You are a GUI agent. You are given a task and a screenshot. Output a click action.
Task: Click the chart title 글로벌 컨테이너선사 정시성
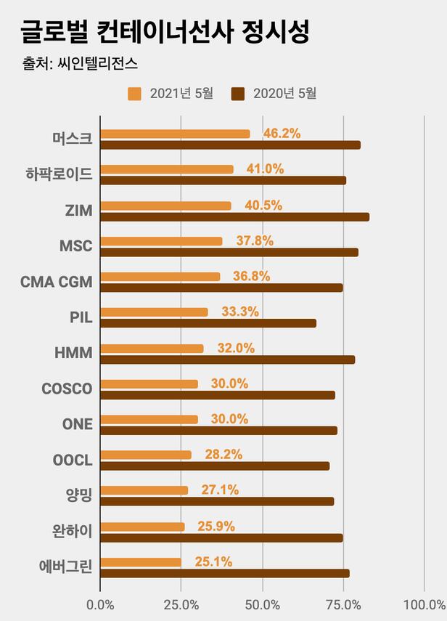tap(165, 32)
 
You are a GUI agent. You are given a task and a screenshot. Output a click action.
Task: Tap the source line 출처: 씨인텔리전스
tap(80, 65)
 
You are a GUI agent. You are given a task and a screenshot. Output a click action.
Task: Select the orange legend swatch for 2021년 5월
tap(134, 93)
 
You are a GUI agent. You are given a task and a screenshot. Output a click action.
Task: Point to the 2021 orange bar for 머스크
tap(175, 134)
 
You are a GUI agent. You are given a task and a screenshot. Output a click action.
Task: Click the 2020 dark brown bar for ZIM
tap(234, 216)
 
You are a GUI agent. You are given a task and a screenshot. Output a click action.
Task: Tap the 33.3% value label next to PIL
tap(239, 312)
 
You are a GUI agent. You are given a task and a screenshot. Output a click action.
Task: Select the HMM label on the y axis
tap(73, 353)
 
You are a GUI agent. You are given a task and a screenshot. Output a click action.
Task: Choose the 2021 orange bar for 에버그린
tap(141, 562)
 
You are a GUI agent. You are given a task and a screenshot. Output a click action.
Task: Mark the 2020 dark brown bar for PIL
tap(208, 323)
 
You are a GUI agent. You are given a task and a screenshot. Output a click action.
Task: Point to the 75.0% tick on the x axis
tap(343, 604)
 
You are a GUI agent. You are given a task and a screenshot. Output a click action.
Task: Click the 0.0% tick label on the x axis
tap(100, 604)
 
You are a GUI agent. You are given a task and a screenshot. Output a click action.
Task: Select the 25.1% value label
tap(213, 561)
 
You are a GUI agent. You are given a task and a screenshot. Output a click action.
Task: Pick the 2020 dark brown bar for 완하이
tap(221, 537)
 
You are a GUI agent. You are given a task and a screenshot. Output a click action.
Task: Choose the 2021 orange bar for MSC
tap(161, 241)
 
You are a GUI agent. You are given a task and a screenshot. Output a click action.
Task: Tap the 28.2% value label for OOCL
tap(223, 455)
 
